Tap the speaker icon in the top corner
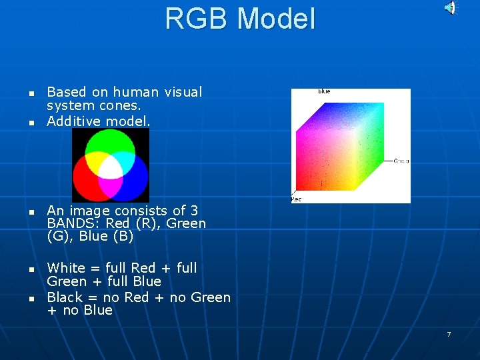pos(451,8)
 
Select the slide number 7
pos(449,334)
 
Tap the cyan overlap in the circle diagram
pos(125,160)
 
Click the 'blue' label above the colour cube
pos(324,91)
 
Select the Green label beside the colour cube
pos(401,161)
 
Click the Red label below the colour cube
pos(296,199)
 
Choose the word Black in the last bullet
pos(65,297)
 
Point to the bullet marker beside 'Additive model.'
pos(31,123)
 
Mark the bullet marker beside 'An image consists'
pos(31,211)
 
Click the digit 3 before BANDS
pos(194,211)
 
